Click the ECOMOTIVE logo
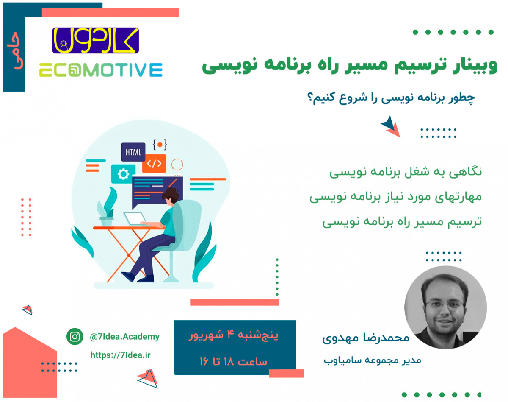tap(100, 70)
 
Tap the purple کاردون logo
tap(95, 40)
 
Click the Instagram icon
tap(75, 337)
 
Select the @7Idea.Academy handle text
tap(124, 337)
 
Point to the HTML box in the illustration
tap(133, 151)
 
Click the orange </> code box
tap(154, 163)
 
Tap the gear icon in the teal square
tap(123, 174)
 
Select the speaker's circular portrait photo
tap(446, 307)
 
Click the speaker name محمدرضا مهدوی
tap(366, 339)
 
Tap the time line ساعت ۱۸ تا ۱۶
tap(233, 362)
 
